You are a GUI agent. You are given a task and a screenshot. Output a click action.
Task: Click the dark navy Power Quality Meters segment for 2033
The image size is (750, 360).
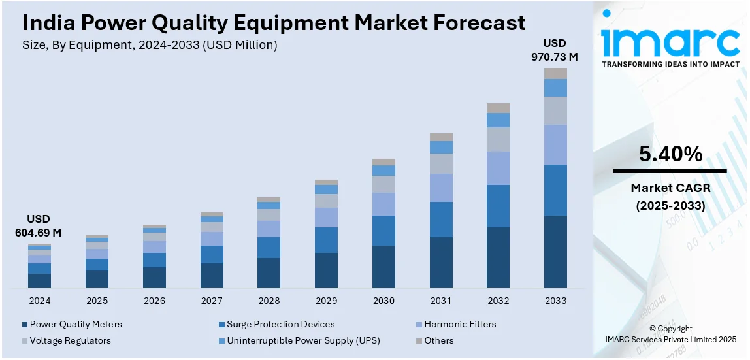[555, 252]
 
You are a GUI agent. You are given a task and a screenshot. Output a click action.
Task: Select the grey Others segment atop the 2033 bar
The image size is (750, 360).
[555, 73]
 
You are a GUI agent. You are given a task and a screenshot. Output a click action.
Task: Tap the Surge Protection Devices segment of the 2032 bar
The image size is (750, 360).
[498, 206]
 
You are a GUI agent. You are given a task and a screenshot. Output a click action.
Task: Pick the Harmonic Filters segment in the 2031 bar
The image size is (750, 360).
[441, 188]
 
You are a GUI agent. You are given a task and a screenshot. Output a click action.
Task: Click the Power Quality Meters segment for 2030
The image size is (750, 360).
[383, 267]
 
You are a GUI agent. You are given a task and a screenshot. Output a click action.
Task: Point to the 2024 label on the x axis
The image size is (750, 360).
[39, 301]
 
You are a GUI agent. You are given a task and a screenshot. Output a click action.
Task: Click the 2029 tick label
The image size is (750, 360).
[326, 301]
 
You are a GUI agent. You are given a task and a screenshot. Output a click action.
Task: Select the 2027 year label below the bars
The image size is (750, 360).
[212, 301]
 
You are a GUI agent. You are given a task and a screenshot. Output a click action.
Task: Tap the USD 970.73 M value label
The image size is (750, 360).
[554, 50]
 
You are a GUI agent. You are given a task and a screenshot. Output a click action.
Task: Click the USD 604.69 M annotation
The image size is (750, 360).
[39, 225]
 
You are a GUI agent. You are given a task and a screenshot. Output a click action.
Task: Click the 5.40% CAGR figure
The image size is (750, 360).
[670, 154]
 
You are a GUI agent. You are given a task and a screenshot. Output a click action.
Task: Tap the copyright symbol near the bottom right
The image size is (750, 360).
[653, 329]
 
